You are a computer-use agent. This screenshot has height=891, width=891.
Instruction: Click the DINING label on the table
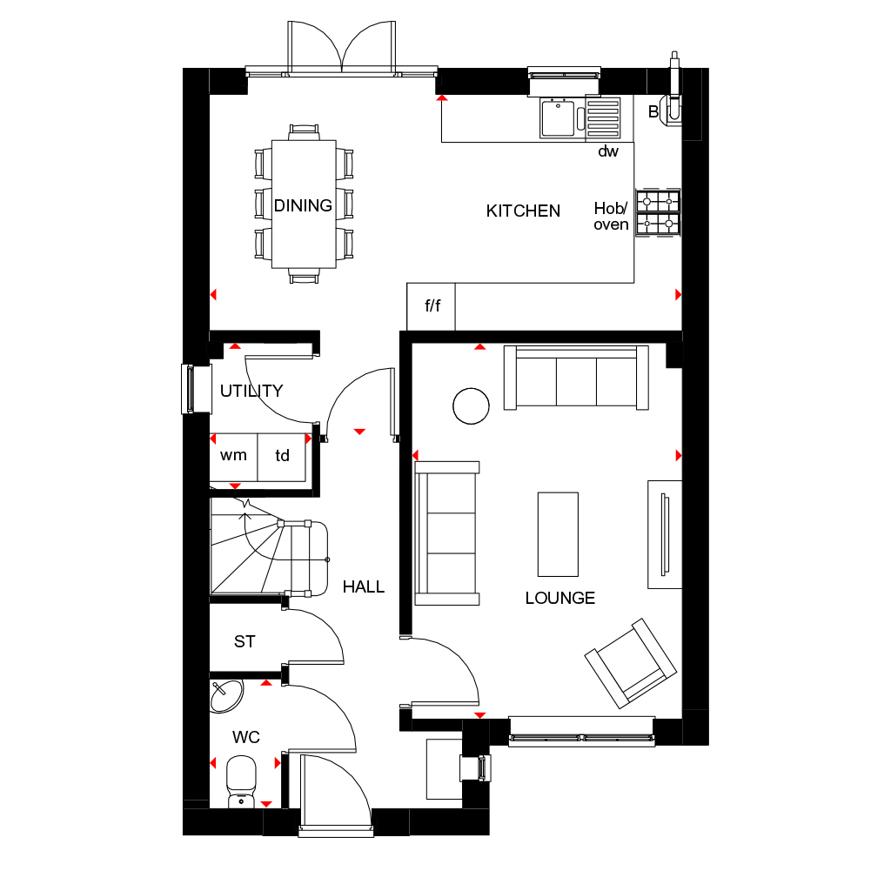pos(303,206)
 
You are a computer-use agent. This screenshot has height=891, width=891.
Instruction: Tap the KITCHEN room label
pos(523,211)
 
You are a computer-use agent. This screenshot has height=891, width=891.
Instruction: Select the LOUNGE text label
pos(559,598)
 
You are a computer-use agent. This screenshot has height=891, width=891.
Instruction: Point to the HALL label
pos(363,586)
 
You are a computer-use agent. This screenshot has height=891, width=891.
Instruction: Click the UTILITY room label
pos(251,391)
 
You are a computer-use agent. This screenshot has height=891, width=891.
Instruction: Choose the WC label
pos(245,738)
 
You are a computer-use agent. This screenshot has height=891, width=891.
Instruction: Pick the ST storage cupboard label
pos(245,641)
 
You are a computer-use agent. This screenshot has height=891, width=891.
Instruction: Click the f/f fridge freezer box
pos(432,307)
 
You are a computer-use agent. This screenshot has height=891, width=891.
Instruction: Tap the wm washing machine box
pos(233,455)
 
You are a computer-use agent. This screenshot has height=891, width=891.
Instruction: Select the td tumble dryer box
pos(283,455)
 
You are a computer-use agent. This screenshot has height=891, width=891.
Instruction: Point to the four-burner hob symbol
pos(658,212)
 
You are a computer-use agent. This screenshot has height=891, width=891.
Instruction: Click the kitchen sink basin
pos(558,118)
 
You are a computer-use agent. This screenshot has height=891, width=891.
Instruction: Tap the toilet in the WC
pos(241,779)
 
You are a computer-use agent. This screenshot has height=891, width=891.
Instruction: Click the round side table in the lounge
pos(471,405)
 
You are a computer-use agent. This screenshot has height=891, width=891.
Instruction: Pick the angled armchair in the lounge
pos(631,662)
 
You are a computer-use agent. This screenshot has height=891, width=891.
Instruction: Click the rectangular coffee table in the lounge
pos(558,533)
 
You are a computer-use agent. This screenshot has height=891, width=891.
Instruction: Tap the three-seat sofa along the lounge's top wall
pos(576,378)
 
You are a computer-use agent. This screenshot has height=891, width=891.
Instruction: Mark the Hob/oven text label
pos(611,216)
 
